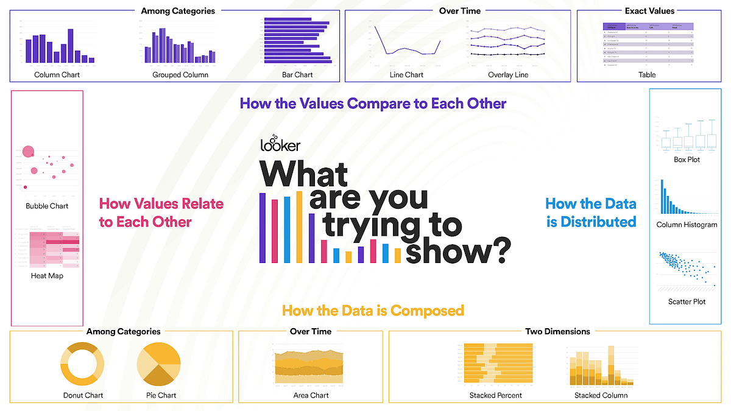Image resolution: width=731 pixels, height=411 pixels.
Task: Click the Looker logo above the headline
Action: tap(279, 143)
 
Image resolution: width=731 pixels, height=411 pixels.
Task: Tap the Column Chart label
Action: tap(57, 75)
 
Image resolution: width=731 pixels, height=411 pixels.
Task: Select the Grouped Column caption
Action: tap(180, 75)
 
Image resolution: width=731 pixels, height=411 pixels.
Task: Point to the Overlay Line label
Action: tap(508, 75)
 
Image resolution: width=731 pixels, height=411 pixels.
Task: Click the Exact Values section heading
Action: tap(649, 10)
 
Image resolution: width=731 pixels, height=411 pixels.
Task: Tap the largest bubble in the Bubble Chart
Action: tap(28, 152)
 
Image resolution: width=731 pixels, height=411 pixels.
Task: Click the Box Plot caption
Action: tap(687, 160)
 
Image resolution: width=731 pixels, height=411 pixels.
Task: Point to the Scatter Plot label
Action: tap(687, 301)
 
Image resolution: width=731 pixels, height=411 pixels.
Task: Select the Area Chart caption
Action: tap(311, 395)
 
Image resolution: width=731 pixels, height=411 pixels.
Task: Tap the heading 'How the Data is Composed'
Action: tap(373, 311)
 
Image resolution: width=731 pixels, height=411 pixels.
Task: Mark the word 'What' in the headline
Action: tap(304, 174)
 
